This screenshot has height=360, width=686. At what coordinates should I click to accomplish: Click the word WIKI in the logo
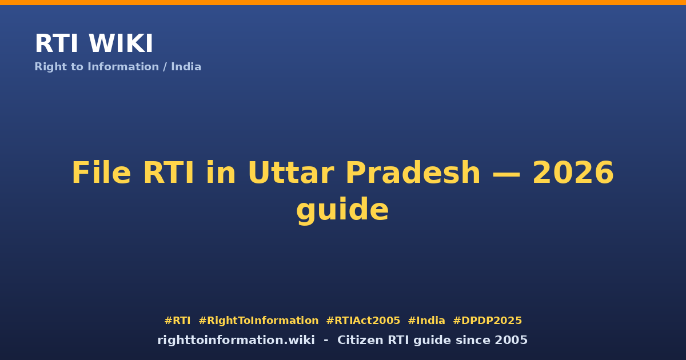click(121, 43)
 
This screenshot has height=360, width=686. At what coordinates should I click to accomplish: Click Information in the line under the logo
click(123, 67)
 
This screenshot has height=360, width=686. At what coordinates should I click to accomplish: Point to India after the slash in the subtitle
click(186, 67)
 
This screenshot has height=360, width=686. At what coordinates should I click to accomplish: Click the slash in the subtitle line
click(165, 67)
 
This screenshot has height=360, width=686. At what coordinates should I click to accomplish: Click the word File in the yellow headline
click(101, 173)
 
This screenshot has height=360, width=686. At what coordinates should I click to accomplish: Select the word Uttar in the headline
click(291, 173)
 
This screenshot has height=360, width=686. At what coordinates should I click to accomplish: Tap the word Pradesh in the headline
click(413, 173)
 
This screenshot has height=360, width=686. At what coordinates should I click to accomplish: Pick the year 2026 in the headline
click(573, 173)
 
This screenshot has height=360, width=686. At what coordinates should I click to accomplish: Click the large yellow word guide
click(342, 210)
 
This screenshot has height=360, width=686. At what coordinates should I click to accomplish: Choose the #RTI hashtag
click(177, 321)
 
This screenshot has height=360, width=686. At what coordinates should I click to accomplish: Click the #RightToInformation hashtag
click(258, 321)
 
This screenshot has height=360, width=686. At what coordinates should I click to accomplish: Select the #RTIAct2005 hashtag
click(363, 321)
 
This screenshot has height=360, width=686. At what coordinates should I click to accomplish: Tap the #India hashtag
click(426, 321)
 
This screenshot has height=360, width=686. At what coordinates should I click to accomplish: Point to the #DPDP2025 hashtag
click(487, 321)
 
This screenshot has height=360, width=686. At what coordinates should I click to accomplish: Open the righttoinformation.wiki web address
click(236, 340)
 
